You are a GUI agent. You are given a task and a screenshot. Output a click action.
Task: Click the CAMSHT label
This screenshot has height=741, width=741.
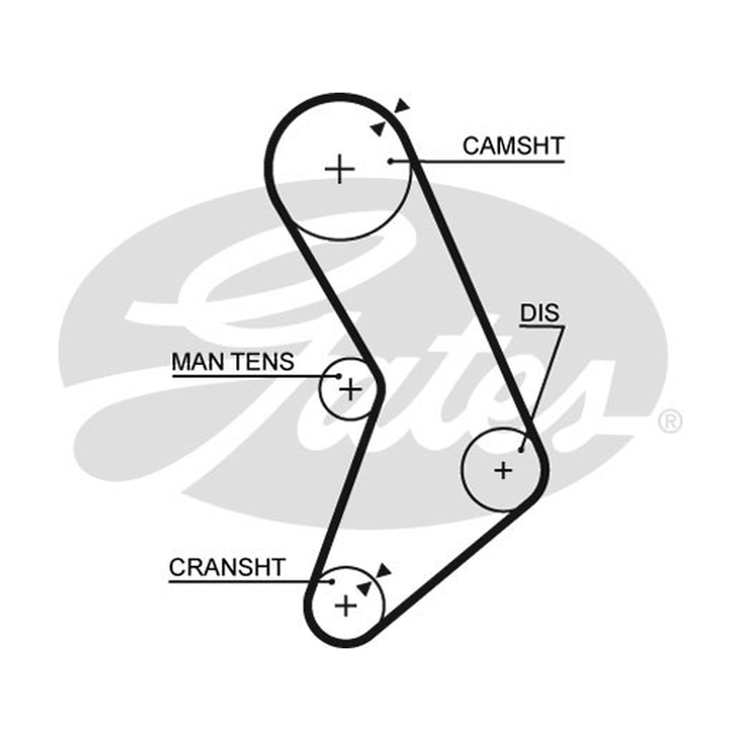tap(513, 146)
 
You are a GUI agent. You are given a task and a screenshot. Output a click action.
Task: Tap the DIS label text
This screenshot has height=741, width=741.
tap(540, 313)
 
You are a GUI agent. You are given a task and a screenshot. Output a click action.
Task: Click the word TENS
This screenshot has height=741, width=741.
tap(264, 362)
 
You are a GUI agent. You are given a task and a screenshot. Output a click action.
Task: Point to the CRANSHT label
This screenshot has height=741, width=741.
tap(227, 568)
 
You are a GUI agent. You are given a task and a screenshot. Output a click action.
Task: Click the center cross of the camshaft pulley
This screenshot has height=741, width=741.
tap(340, 169)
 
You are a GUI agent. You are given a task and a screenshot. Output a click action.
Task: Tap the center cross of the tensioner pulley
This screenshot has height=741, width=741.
tap(351, 390)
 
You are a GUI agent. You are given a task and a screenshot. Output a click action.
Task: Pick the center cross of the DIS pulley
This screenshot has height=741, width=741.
tap(503, 471)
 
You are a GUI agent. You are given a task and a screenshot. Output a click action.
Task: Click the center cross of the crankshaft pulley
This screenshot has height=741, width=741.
tap(345, 606)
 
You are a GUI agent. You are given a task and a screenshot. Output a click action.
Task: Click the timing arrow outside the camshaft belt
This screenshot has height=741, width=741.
tap(403, 106)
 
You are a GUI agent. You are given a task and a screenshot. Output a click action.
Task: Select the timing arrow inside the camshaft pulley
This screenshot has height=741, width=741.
tap(377, 128)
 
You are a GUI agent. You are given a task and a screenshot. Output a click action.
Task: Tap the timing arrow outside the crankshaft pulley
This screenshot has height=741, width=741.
tap(383, 571)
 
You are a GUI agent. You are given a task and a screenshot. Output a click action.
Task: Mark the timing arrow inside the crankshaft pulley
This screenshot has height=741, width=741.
tap(363, 589)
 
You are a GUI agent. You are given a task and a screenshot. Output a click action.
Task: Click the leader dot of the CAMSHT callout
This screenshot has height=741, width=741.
tap(390, 161)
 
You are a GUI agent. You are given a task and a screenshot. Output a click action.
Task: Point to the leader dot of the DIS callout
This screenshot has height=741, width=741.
tap(521, 450)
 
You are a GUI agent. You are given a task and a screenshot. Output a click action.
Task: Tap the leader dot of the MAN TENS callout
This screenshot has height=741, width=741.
tap(338, 376)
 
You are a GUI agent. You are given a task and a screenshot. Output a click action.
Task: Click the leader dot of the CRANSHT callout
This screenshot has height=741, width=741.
tap(332, 582)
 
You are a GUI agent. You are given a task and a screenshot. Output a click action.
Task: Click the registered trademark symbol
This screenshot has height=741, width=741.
tap(670, 421)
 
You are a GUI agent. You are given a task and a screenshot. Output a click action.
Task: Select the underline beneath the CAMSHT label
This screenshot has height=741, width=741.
tap(478, 161)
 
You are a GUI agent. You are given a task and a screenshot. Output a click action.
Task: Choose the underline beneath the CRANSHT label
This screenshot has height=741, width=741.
tap(250, 582)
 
